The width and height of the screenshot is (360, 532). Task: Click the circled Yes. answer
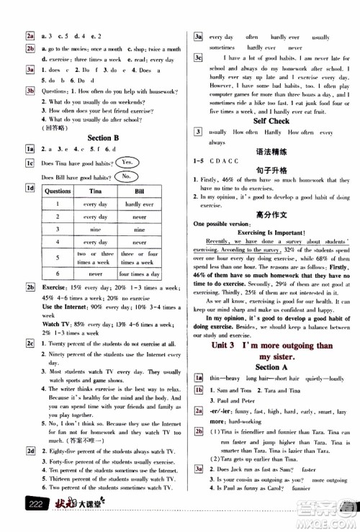pyautogui.click(x=128, y=163)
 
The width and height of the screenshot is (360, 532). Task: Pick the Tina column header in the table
pyautogui.click(x=94, y=192)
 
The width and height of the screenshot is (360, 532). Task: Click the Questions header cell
pyautogui.click(x=58, y=192)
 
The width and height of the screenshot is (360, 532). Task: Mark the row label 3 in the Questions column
pyautogui.click(x=58, y=229)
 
